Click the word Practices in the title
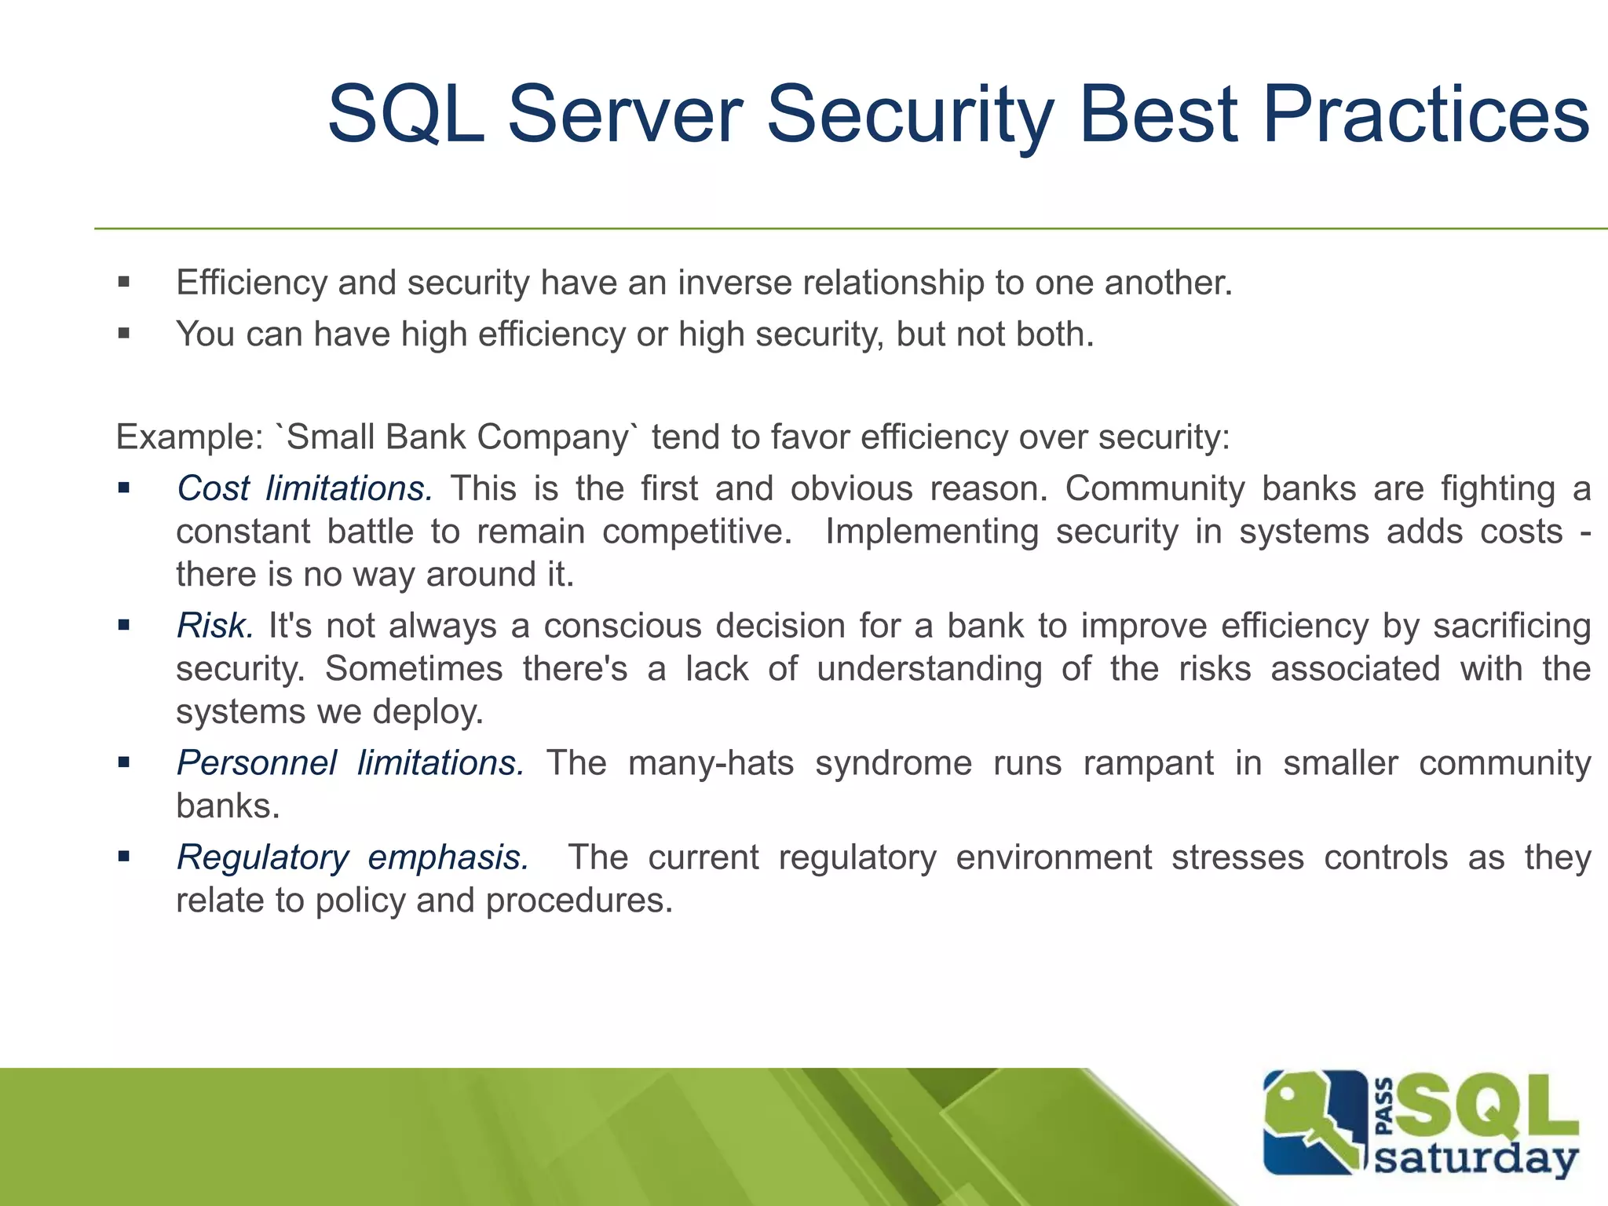pos(1425,115)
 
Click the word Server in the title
pos(625,115)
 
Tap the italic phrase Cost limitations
pos(305,488)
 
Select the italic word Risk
pos(214,626)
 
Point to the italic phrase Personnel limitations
pos(350,763)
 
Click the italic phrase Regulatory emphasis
pos(353,857)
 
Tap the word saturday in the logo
pos(1476,1159)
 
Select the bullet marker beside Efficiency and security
pos(123,283)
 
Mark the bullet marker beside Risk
pos(123,626)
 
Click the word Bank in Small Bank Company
pos(426,437)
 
